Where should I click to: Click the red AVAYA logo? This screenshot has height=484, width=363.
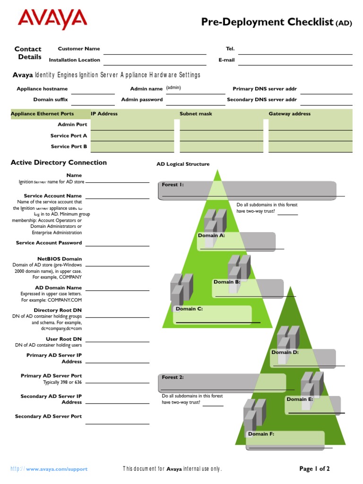52,19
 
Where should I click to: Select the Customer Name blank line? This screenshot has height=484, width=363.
155,51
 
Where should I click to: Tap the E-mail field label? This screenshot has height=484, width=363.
226,60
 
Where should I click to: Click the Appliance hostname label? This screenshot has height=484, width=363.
42,89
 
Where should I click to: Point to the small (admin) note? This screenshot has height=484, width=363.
173,88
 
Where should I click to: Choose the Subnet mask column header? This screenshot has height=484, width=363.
196,114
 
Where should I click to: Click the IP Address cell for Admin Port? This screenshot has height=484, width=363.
132,125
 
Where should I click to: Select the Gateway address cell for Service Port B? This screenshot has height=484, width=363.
310,147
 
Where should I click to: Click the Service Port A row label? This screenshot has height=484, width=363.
69,136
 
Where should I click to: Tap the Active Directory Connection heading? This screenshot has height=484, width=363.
59,163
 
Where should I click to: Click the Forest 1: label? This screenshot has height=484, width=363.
173,185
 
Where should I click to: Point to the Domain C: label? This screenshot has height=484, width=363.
189,309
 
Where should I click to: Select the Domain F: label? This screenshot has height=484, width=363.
261,434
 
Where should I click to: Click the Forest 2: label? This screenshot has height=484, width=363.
173,377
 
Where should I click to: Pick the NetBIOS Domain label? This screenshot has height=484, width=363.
59,259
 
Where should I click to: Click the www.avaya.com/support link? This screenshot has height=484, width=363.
57,469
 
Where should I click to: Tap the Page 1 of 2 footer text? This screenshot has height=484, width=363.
314,469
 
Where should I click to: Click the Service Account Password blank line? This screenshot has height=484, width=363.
117,245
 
